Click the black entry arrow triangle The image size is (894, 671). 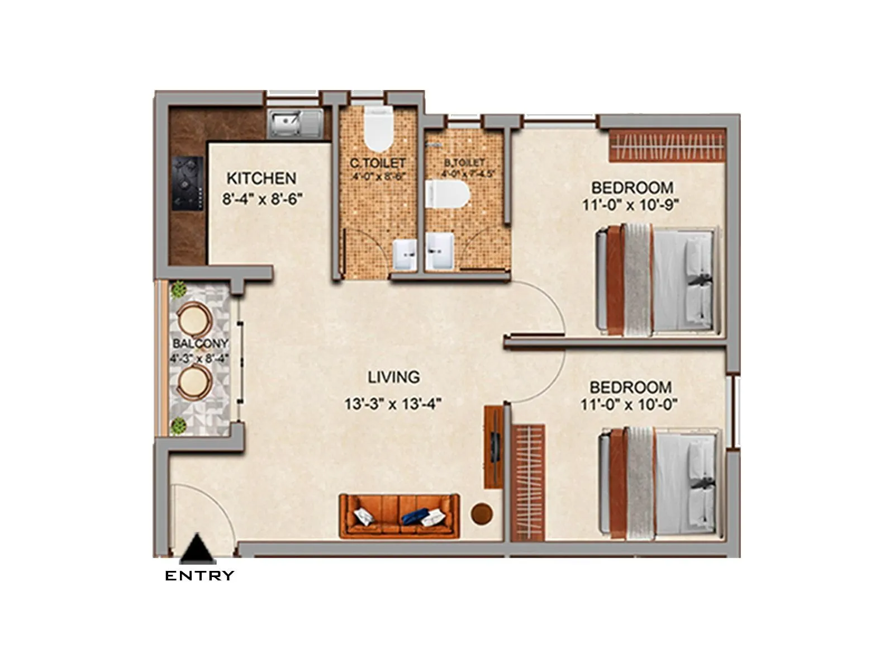198,550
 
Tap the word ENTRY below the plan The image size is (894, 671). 199,576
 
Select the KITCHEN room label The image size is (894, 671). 261,178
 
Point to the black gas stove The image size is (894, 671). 187,183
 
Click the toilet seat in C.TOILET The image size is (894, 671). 378,130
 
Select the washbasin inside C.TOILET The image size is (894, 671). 404,254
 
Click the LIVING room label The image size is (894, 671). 393,377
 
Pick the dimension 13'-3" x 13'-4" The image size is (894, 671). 393,404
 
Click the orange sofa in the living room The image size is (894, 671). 399,516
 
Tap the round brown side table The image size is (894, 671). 482,513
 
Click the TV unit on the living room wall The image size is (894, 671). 493,447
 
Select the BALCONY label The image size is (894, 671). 199,343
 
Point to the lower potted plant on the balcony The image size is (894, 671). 179,425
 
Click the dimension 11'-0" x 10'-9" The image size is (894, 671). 630,205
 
